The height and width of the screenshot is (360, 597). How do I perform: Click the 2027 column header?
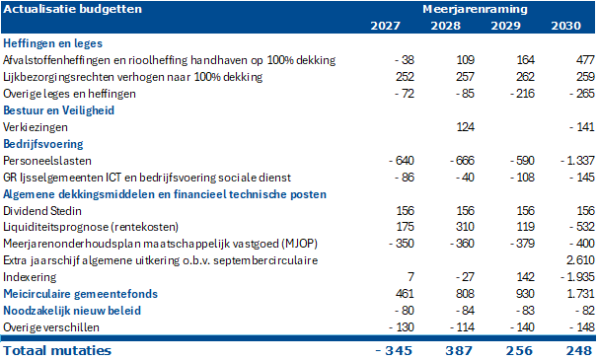click(x=385, y=26)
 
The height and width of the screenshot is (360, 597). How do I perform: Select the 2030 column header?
click(x=565, y=26)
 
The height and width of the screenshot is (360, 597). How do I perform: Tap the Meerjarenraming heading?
click(x=475, y=9)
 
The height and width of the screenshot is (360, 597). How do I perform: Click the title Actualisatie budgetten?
click(x=72, y=9)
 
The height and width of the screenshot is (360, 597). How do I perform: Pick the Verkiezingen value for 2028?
click(x=465, y=126)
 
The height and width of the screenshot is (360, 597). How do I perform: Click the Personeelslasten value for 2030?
click(x=577, y=161)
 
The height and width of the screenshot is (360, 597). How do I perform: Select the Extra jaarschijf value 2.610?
click(x=580, y=260)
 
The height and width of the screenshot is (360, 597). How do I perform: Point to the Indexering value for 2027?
click(x=410, y=277)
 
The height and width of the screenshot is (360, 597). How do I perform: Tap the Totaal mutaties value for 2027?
click(x=394, y=350)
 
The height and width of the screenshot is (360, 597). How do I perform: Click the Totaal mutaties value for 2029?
click(x=519, y=350)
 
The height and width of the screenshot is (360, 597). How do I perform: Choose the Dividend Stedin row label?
click(x=42, y=211)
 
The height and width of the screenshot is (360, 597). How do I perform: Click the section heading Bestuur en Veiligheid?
click(x=58, y=110)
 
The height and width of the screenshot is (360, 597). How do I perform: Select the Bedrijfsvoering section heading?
click(x=43, y=144)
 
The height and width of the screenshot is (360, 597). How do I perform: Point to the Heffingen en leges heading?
click(x=52, y=43)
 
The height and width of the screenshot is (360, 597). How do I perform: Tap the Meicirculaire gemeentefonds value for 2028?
click(x=465, y=294)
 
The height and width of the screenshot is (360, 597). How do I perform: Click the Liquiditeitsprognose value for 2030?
click(x=582, y=227)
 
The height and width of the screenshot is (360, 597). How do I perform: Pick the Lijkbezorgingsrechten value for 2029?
click(x=525, y=77)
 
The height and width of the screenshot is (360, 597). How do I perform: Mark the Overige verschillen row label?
click(x=51, y=327)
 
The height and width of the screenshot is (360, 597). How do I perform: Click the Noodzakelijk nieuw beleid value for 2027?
click(x=405, y=311)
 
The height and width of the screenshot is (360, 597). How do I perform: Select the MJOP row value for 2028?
click(x=462, y=244)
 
